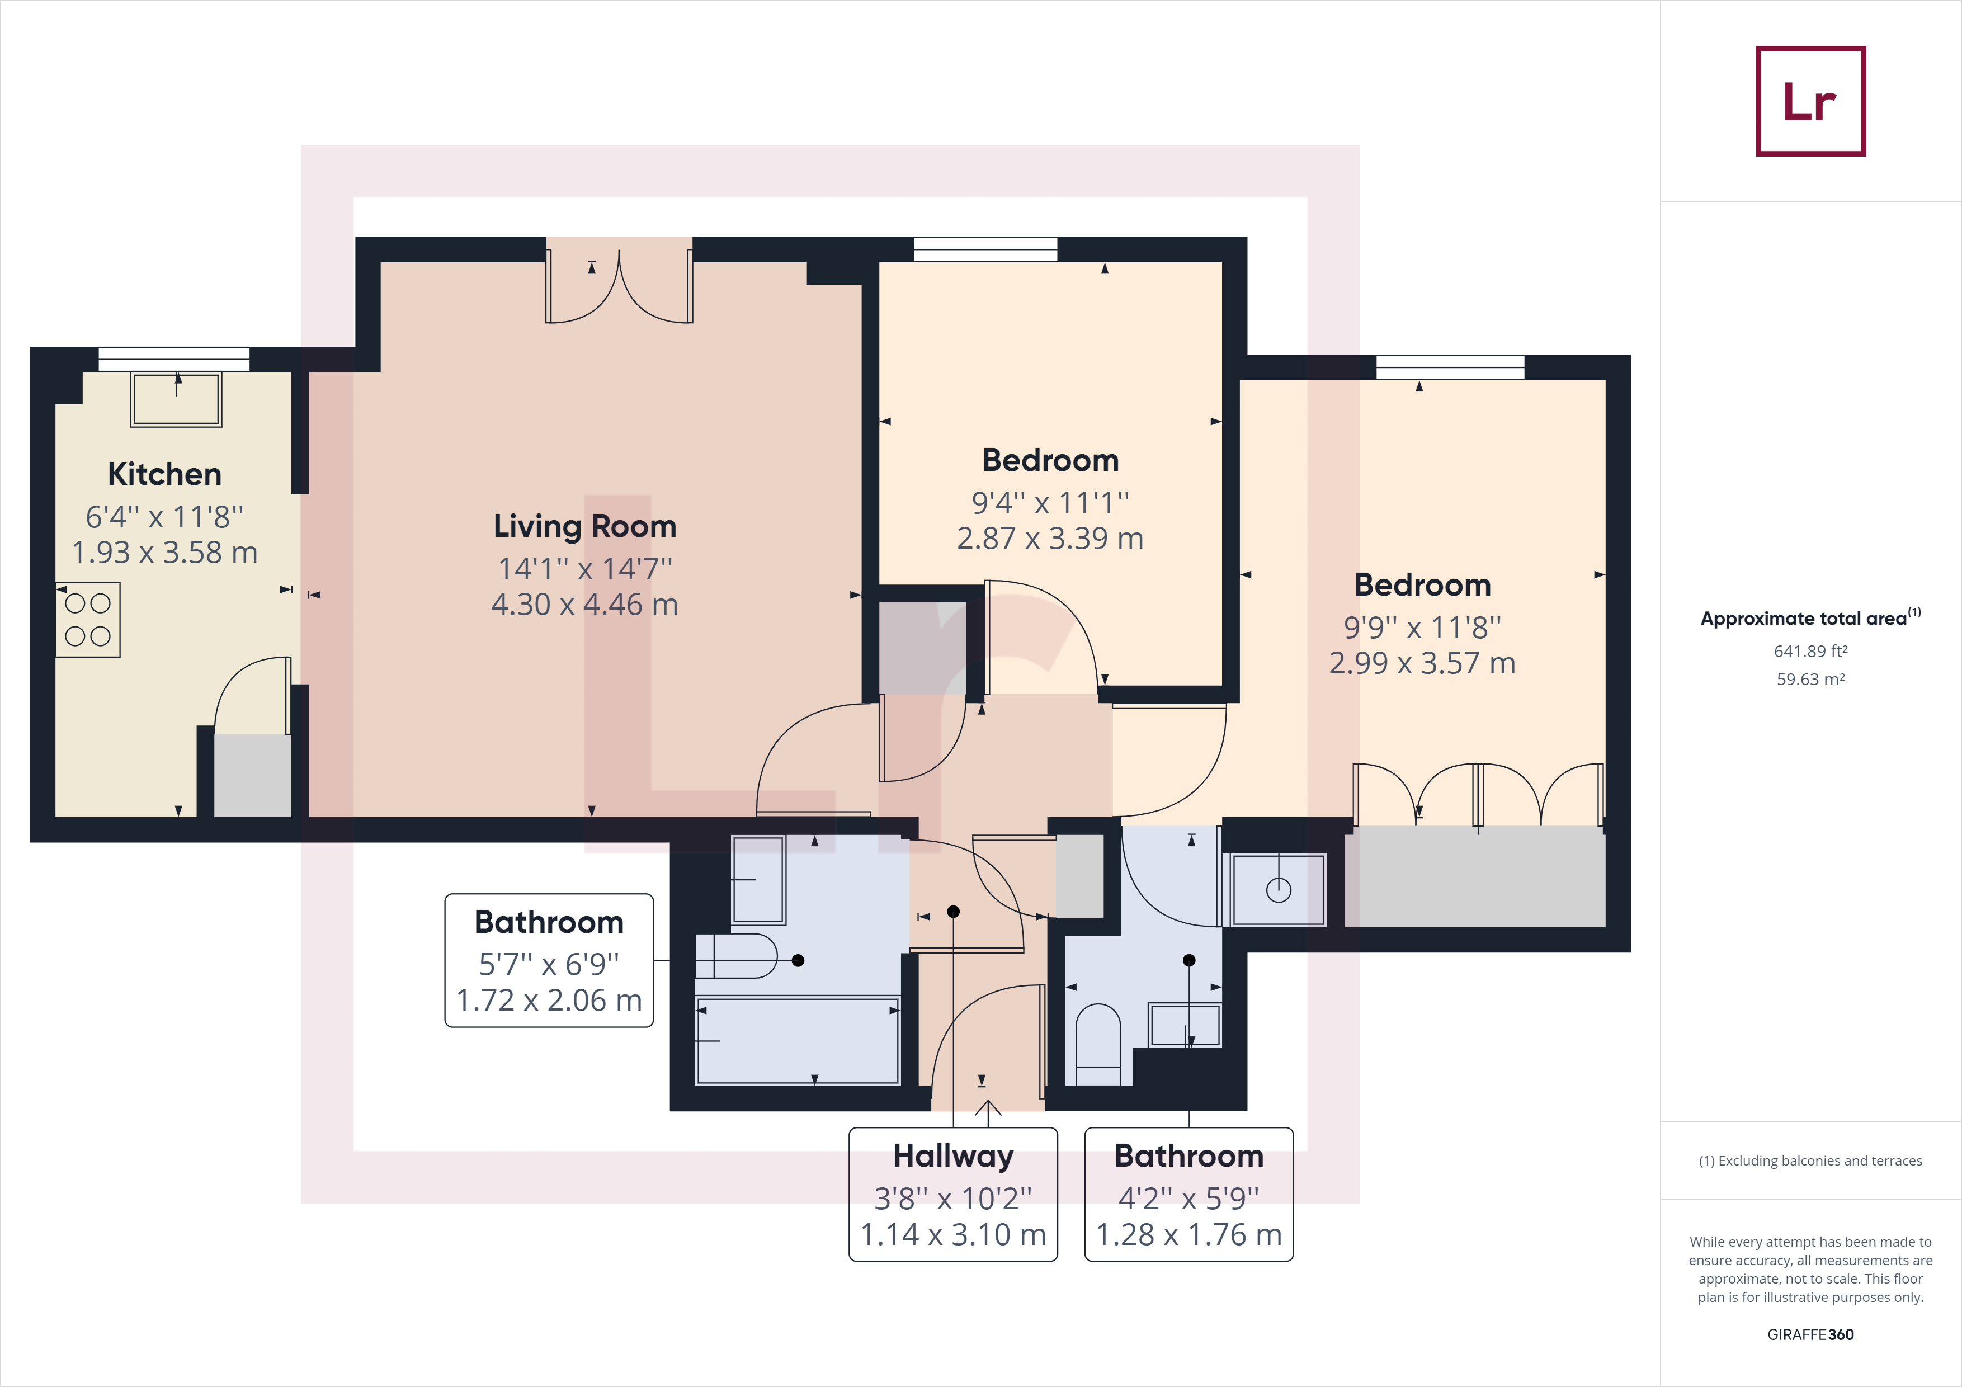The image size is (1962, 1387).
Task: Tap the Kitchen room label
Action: [x=165, y=474]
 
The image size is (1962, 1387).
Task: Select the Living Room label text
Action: [x=586, y=526]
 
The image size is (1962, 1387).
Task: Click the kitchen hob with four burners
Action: [x=88, y=620]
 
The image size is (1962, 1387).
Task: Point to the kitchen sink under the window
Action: [x=176, y=399]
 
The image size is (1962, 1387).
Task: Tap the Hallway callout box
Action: [x=953, y=1194]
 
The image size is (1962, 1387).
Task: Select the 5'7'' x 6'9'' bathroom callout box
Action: [x=549, y=961]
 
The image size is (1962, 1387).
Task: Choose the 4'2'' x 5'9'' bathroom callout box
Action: [x=1188, y=1194]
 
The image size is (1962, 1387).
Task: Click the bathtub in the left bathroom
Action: [x=798, y=1040]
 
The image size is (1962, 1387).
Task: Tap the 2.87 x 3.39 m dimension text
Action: [x=1050, y=539]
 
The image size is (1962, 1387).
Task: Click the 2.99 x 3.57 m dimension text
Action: [x=1422, y=663]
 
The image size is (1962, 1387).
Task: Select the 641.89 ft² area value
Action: [x=1811, y=651]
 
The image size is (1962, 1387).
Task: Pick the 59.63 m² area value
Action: [x=1811, y=680]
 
